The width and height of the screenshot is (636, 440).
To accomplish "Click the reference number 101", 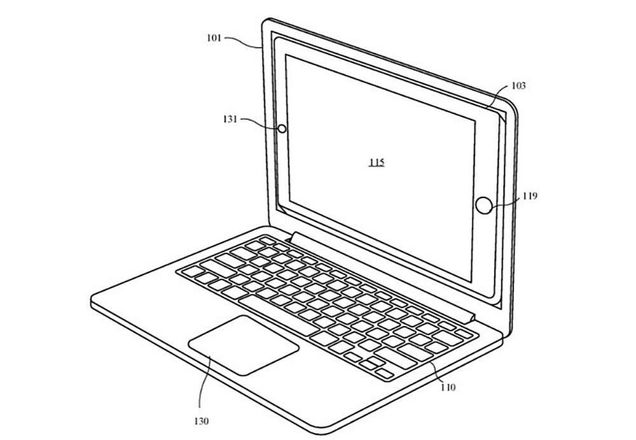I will [214, 38].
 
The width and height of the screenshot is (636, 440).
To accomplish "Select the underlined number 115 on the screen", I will [376, 163].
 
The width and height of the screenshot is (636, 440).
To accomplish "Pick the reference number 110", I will [447, 387].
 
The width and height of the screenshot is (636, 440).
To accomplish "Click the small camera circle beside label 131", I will [281, 129].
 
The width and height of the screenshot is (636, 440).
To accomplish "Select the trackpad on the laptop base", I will [244, 344].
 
